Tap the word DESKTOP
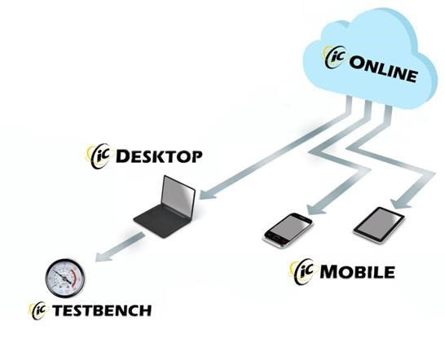coord(159,156)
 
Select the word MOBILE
coord(357,272)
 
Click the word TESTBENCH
coord(102,310)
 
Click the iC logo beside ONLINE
coord(335,57)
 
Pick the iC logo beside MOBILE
coord(302,271)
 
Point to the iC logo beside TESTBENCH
coord(37,310)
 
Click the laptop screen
coord(178,196)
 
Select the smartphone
coord(288,230)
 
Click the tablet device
coord(379,225)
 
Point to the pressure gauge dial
coord(65,278)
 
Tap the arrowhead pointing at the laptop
coord(208,194)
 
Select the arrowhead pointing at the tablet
coord(400,203)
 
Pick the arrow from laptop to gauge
coord(120,247)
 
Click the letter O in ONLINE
coord(357,62)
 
